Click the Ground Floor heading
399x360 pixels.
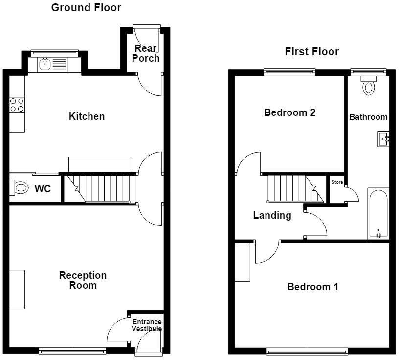(x=86, y=8)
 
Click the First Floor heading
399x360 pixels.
(x=312, y=52)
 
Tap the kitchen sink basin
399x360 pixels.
(x=45, y=65)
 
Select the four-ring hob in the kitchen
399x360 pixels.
(x=17, y=105)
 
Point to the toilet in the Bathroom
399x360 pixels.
(x=369, y=86)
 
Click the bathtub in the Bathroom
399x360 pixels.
(x=378, y=214)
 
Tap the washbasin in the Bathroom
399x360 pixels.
(x=383, y=139)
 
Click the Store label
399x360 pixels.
(x=337, y=182)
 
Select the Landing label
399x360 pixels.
(x=272, y=215)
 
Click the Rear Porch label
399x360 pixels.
(x=146, y=53)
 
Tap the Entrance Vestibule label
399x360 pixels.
(x=147, y=325)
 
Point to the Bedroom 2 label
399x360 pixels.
(x=290, y=112)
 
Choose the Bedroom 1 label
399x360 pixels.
(x=313, y=287)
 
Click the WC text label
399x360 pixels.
(x=43, y=189)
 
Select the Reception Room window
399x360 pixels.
(x=72, y=351)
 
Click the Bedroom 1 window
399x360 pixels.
(x=307, y=351)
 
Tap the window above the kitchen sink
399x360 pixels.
(x=54, y=53)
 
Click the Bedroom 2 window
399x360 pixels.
(x=289, y=72)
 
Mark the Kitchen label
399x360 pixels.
(x=87, y=116)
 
